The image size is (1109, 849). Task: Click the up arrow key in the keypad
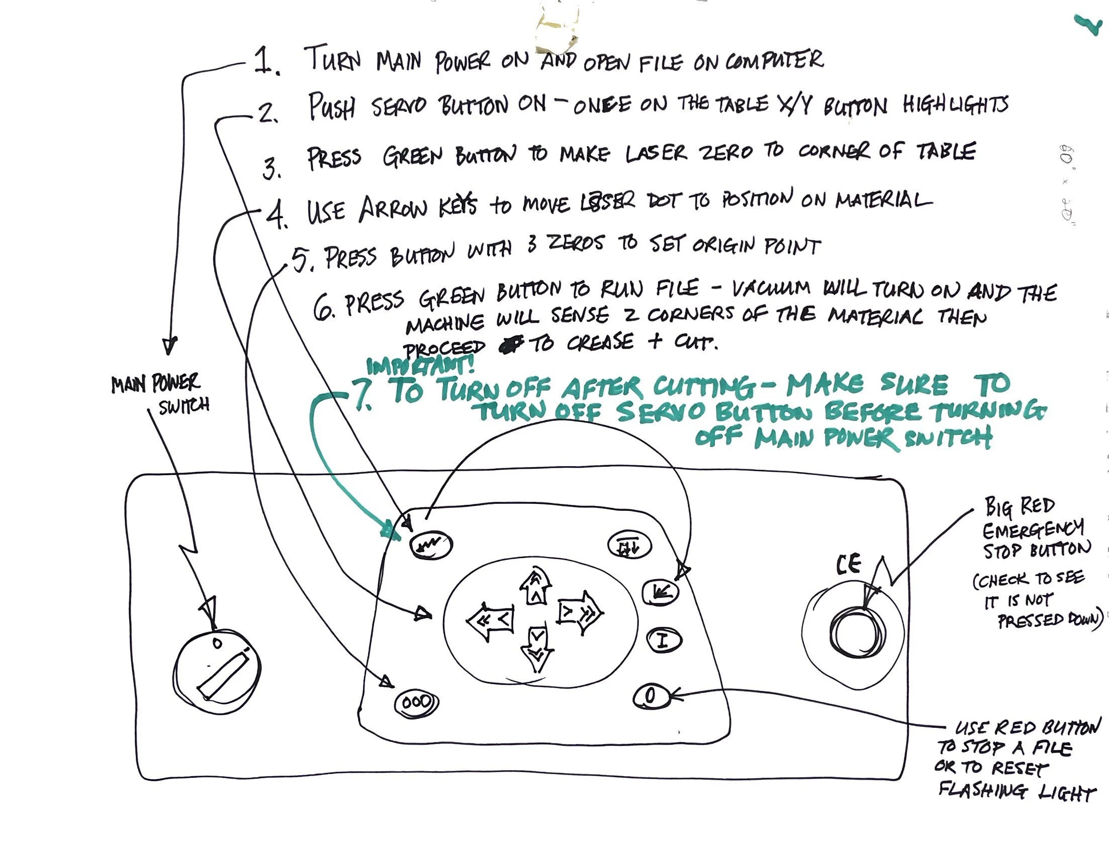[535, 586]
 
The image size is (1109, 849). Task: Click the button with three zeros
[416, 702]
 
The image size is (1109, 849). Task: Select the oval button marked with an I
[663, 641]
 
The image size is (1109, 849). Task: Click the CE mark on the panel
[848, 565]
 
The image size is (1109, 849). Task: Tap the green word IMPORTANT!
[420, 365]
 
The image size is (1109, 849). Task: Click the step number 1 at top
[265, 61]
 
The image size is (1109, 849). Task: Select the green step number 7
[363, 394]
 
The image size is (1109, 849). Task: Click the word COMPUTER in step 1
[774, 61]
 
